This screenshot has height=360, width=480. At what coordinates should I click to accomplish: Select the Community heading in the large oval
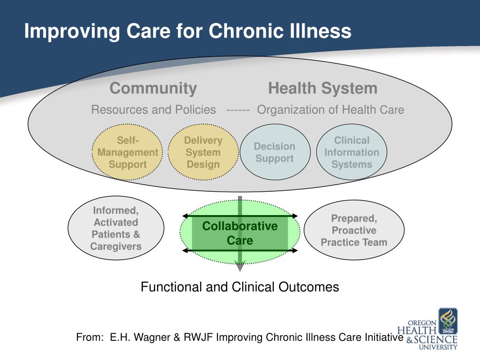point(153,89)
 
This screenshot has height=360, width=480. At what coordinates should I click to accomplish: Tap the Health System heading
point(322,88)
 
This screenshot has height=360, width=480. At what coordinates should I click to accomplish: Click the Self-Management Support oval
point(127,152)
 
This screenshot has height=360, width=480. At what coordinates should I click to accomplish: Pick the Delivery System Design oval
point(203,152)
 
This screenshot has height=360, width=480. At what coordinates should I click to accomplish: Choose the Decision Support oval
point(275,152)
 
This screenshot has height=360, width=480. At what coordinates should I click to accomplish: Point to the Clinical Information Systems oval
point(352,152)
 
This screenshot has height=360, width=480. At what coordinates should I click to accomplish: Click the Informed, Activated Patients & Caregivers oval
point(116,228)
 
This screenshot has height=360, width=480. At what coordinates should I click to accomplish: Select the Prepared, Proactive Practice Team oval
point(354,230)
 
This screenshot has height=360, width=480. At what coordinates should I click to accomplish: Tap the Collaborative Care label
point(240,233)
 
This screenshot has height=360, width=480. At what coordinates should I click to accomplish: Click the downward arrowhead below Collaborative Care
point(240,266)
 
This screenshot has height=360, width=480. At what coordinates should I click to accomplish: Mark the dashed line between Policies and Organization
point(238,110)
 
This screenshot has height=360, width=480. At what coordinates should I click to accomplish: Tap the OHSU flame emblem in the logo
point(448,321)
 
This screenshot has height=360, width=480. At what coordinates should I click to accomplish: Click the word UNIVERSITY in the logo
point(438,347)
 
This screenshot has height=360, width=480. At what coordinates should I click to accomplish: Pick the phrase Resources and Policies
point(153,110)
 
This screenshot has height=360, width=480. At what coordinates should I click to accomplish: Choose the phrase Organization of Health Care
point(330,110)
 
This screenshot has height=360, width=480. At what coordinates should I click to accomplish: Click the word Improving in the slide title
point(72,32)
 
